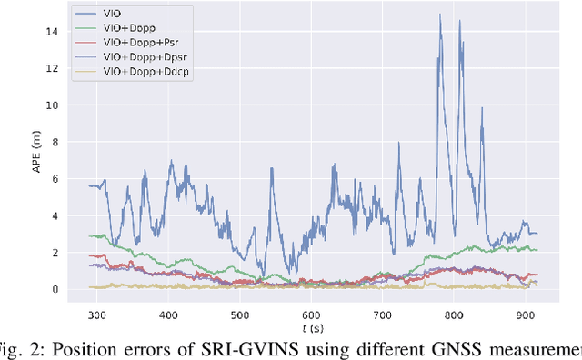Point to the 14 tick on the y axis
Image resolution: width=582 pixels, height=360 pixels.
point(54,31)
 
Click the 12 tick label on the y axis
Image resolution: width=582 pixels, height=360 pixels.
point(54,68)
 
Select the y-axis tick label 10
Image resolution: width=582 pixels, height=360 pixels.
point(54,105)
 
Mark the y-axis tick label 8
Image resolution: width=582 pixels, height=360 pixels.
point(56,142)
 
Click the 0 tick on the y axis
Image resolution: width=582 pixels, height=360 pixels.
point(56,290)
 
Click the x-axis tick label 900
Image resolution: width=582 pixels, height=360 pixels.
point(525,313)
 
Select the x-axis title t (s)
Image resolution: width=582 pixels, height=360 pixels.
point(311,325)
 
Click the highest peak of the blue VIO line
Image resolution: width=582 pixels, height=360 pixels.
point(440,15)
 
